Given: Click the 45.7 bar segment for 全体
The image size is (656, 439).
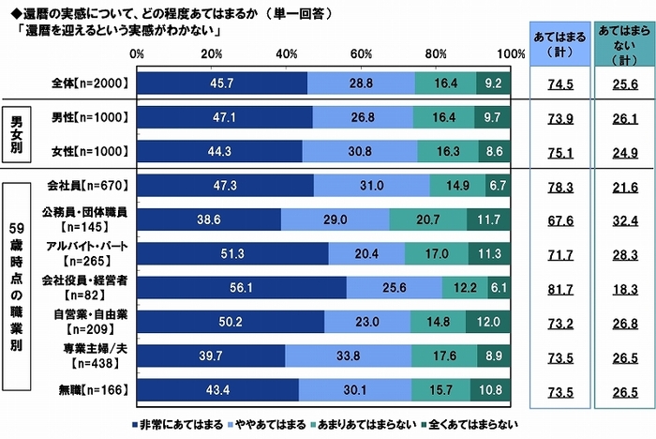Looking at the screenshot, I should (x=221, y=83).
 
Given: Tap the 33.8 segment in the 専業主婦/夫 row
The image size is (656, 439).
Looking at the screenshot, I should (x=349, y=355).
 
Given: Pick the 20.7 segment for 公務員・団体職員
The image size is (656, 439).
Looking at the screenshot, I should (x=428, y=219).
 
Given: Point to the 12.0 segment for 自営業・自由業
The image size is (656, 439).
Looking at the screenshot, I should (x=488, y=321).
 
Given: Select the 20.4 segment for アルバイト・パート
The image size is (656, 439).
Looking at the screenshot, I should (x=366, y=253).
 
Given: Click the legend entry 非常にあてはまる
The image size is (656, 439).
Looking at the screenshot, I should (x=181, y=424).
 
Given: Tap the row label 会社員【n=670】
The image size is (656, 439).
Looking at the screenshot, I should (x=94, y=186).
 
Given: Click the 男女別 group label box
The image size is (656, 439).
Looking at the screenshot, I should (x=22, y=134).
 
